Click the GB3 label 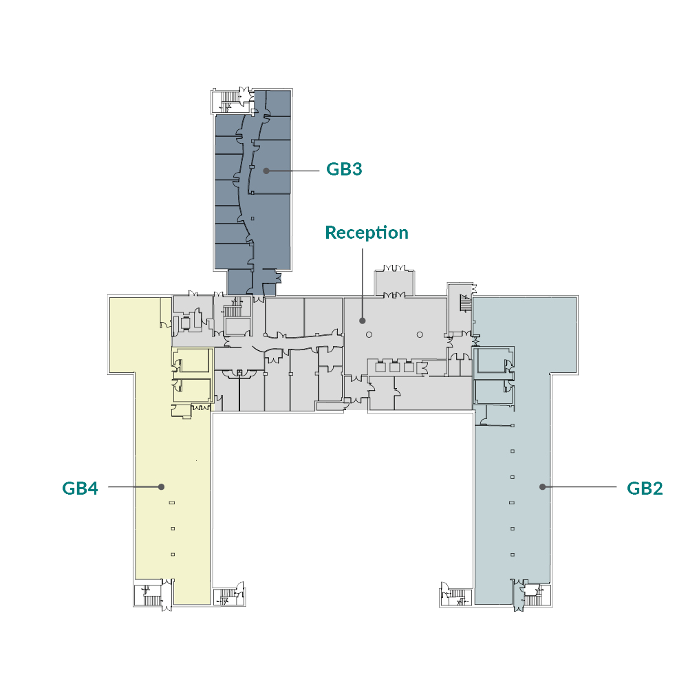coord(344,169)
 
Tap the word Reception coord(367,233)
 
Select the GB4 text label coord(80,488)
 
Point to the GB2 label coord(645,488)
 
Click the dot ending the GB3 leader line coord(266,170)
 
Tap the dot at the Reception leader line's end coord(363,321)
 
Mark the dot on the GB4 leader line coord(161,486)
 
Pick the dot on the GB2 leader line coord(542,486)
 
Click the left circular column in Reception coord(369,334)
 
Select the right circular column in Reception coord(419,334)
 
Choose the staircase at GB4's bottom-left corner coord(146,595)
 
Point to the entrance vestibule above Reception coord(395,283)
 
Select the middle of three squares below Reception coord(395,367)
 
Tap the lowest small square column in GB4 coord(173,555)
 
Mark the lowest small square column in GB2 coord(513,555)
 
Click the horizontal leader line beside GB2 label coord(581,486)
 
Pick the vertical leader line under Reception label coord(363,282)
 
